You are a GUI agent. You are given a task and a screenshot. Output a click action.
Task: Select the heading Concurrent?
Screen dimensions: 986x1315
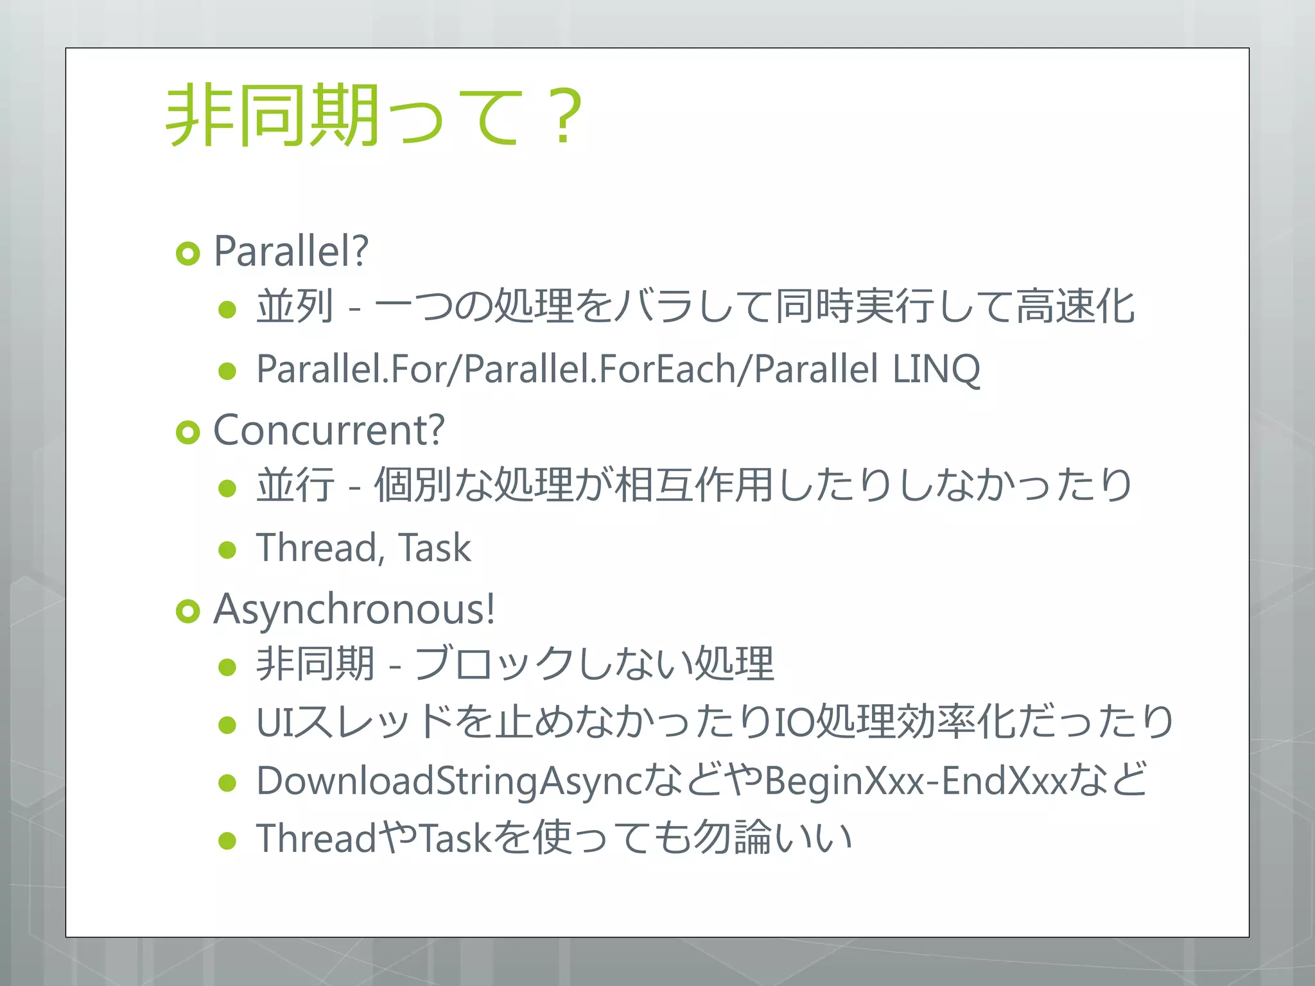[328, 429]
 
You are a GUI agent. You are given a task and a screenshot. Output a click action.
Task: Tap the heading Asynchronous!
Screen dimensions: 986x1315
[354, 609]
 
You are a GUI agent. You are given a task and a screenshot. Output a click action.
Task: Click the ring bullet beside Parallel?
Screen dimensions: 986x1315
[187, 254]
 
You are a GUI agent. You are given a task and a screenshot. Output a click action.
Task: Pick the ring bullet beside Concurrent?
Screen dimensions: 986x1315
[187, 433]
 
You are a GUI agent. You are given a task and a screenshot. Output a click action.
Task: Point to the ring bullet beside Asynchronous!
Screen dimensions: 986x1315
[187, 612]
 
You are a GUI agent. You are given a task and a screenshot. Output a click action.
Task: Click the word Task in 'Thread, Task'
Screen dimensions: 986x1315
[435, 548]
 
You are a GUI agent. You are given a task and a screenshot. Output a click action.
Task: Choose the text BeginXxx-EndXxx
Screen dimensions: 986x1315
[915, 781]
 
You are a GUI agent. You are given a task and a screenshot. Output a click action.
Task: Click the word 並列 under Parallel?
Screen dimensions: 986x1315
[295, 306]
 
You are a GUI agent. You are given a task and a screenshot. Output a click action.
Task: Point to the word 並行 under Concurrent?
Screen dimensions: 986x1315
[295, 485]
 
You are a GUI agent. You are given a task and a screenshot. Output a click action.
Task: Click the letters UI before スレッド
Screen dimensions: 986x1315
[272, 722]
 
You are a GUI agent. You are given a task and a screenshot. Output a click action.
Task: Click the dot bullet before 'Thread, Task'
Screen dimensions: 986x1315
[227, 550]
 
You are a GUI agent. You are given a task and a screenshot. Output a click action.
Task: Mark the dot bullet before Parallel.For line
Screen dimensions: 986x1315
[227, 371]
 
